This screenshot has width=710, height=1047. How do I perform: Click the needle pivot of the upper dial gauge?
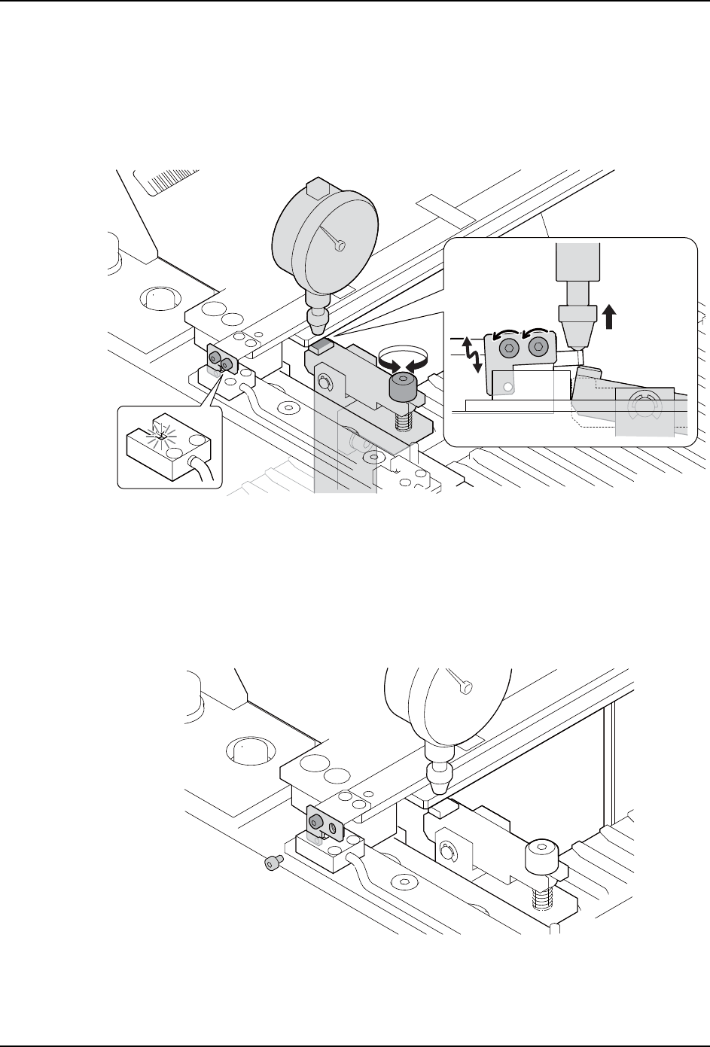342,245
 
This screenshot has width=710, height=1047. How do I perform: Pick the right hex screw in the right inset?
538,347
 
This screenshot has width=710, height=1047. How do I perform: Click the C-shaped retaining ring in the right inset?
642,407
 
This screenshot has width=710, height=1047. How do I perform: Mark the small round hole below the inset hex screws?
508,387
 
